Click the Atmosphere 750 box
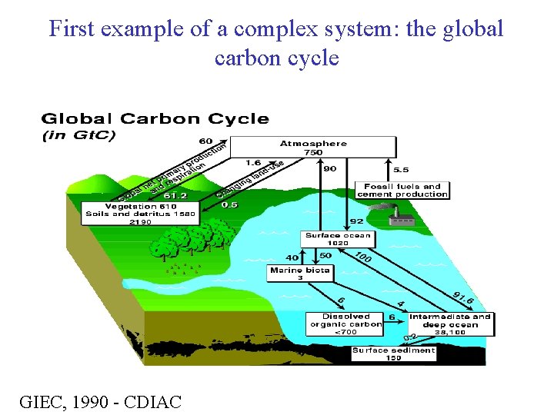(313, 148)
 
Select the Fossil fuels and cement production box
(402, 190)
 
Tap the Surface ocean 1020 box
(338, 239)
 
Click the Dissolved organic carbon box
(346, 324)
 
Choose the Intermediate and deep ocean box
(450, 320)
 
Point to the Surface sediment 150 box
(393, 354)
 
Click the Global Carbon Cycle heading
(155, 119)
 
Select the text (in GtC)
(78, 136)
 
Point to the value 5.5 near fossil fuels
(401, 169)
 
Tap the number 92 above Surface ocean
(356, 221)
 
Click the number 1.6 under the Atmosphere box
(253, 162)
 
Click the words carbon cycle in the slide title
(276, 58)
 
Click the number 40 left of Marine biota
(292, 257)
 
